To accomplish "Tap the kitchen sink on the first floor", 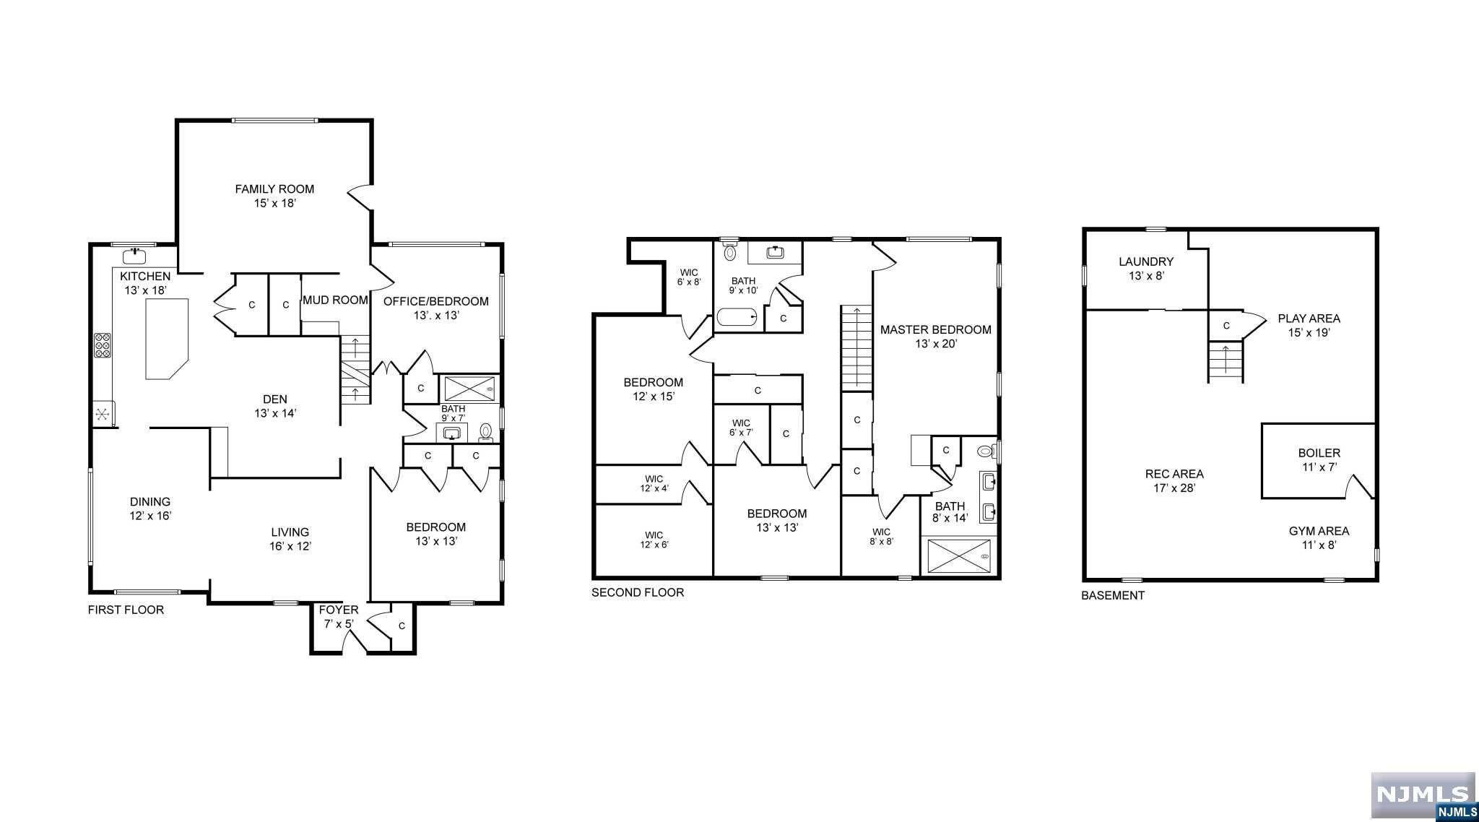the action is tap(135, 255).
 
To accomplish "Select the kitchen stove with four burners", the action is tap(103, 345).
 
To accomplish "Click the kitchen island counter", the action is tap(167, 339).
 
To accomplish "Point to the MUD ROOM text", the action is tap(335, 300).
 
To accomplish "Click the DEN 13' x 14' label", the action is tap(275, 406).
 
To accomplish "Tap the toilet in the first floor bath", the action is tap(486, 433).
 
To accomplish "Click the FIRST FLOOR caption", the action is tap(126, 610).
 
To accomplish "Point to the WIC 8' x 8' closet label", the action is tap(881, 536).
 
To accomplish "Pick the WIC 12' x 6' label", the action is tap(654, 540).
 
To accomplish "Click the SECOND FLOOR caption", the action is tap(638, 592).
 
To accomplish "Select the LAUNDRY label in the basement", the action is tap(1146, 268).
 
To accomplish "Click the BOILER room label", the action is tap(1319, 460).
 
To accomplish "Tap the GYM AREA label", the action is tap(1319, 537).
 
